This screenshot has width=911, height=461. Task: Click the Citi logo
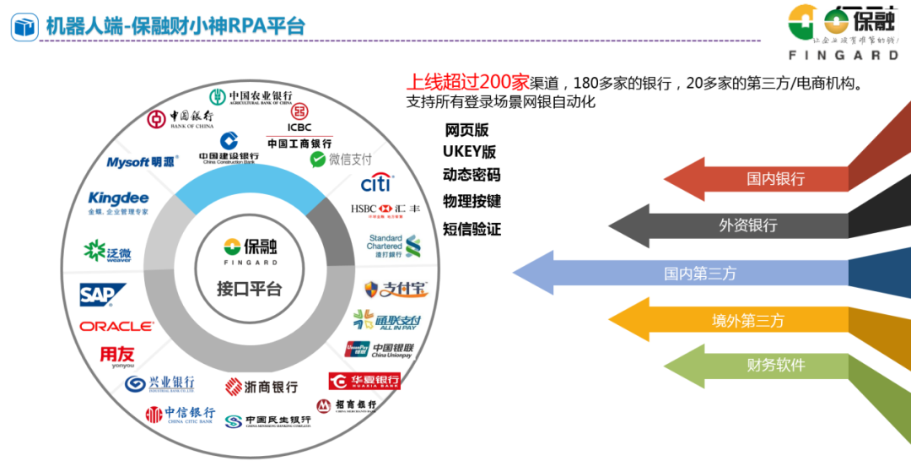click(375, 182)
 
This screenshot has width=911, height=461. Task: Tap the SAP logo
click(102, 295)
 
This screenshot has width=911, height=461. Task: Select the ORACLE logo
click(117, 326)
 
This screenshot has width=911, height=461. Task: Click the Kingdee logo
click(118, 203)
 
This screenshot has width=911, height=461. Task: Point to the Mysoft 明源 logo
click(141, 162)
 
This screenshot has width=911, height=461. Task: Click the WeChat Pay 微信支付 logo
click(341, 159)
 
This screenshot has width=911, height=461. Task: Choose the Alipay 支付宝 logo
click(396, 290)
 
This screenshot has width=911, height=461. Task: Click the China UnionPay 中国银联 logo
click(380, 349)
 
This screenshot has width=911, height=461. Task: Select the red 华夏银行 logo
click(364, 381)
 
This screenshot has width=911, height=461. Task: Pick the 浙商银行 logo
click(261, 387)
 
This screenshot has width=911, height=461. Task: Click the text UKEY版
click(469, 152)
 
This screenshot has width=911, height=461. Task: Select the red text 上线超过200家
click(467, 83)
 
